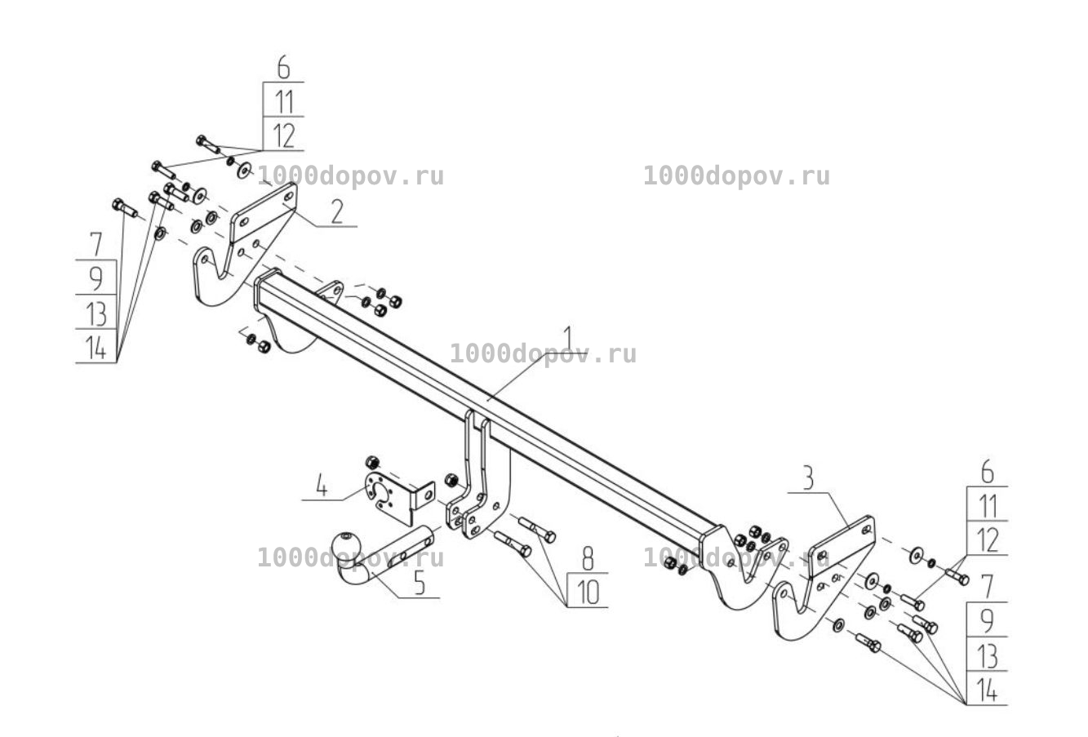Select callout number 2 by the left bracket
point(337,211)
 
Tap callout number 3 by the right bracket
point(807,477)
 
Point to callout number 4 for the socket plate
point(321,486)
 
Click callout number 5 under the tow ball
point(420,583)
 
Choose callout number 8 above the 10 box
point(588,559)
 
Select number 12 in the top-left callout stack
point(284,135)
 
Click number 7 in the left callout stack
point(96,244)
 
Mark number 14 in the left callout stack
point(96,348)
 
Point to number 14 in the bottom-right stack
point(987,690)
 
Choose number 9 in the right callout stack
point(987,620)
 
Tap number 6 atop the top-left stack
point(284,67)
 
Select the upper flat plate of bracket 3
point(842,546)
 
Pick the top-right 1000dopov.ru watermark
point(736,175)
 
